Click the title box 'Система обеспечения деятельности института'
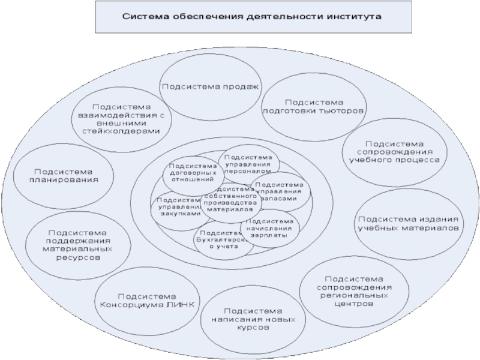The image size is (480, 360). click(253, 17)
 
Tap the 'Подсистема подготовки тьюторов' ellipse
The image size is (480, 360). click(314, 107)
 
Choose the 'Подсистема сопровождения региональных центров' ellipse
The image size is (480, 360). click(353, 292)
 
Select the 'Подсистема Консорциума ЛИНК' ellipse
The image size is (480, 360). click(148, 300)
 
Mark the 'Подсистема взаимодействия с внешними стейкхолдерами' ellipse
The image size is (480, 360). click(121, 115)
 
